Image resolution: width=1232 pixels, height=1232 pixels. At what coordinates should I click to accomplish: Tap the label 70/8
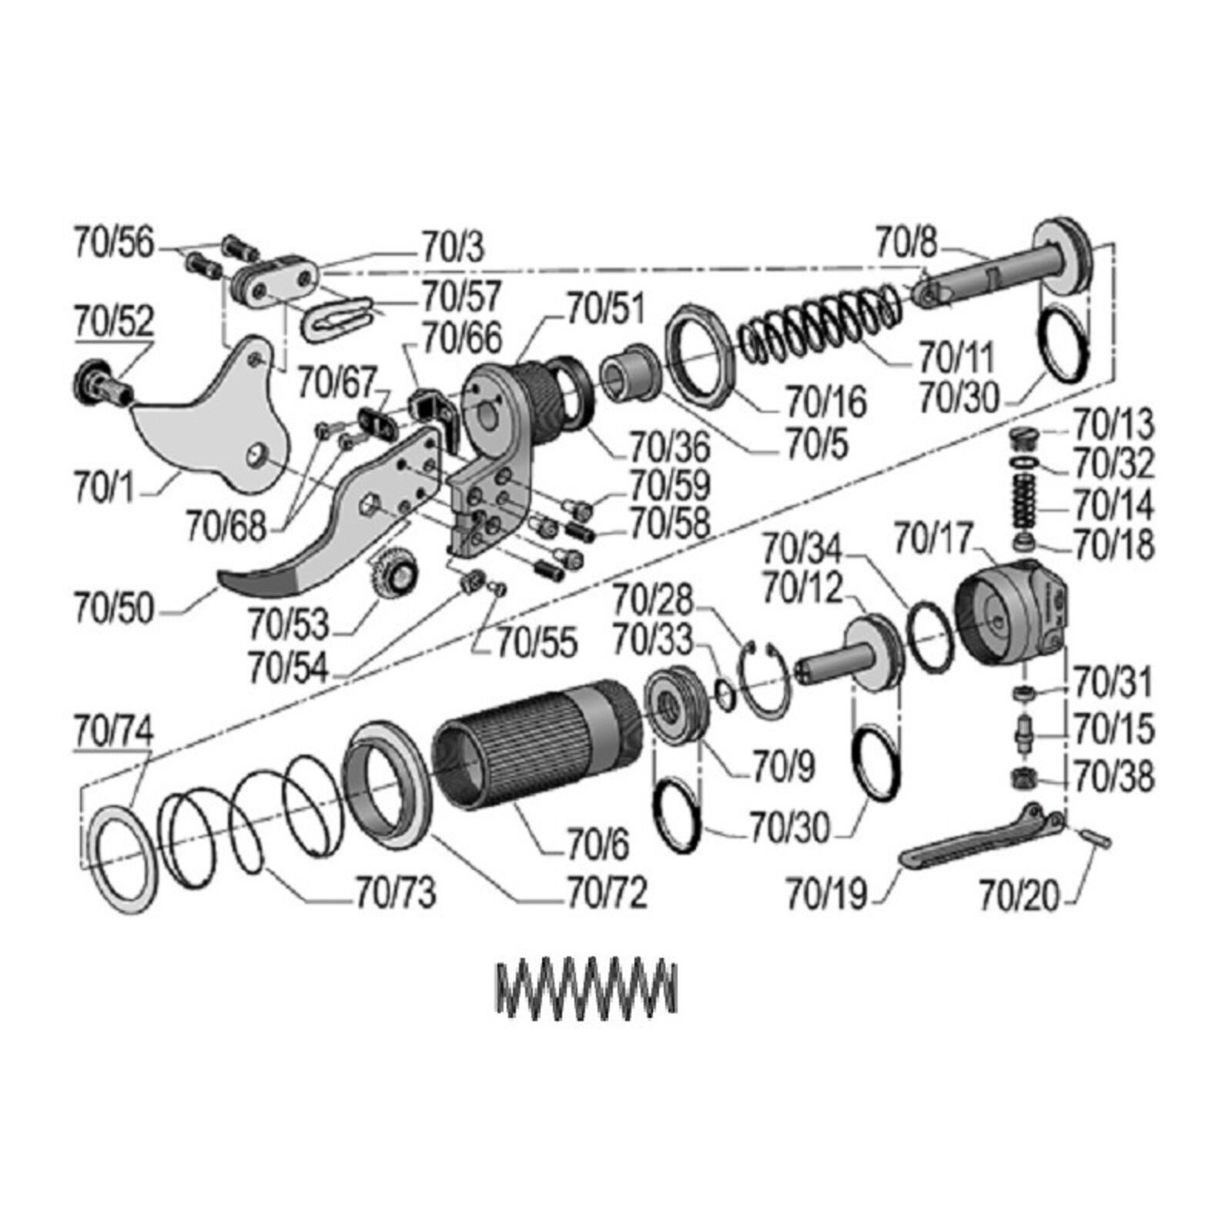click(x=907, y=244)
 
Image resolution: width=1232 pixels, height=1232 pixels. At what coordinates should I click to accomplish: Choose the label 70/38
click(x=1114, y=778)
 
